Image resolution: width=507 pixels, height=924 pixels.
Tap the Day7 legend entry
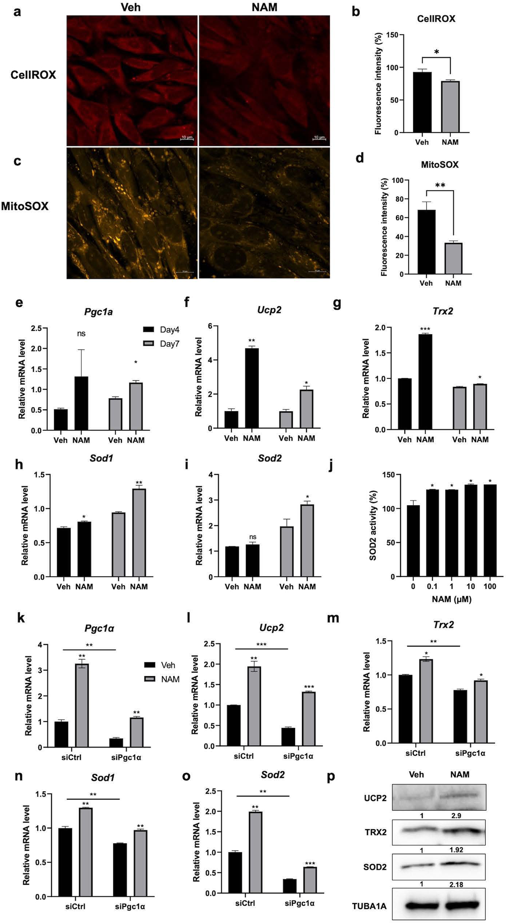161,344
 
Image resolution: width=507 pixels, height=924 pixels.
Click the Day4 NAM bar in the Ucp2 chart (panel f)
252,388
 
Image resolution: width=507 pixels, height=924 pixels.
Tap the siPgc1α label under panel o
299,903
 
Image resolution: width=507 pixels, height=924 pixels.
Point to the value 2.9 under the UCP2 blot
456,815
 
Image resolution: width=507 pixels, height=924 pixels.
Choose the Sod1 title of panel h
101,458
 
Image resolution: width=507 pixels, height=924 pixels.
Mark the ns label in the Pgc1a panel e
81,334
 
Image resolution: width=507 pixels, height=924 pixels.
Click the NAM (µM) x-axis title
451,599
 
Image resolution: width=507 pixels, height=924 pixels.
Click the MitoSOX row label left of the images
25,206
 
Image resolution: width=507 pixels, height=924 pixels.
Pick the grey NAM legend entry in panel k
162,679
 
